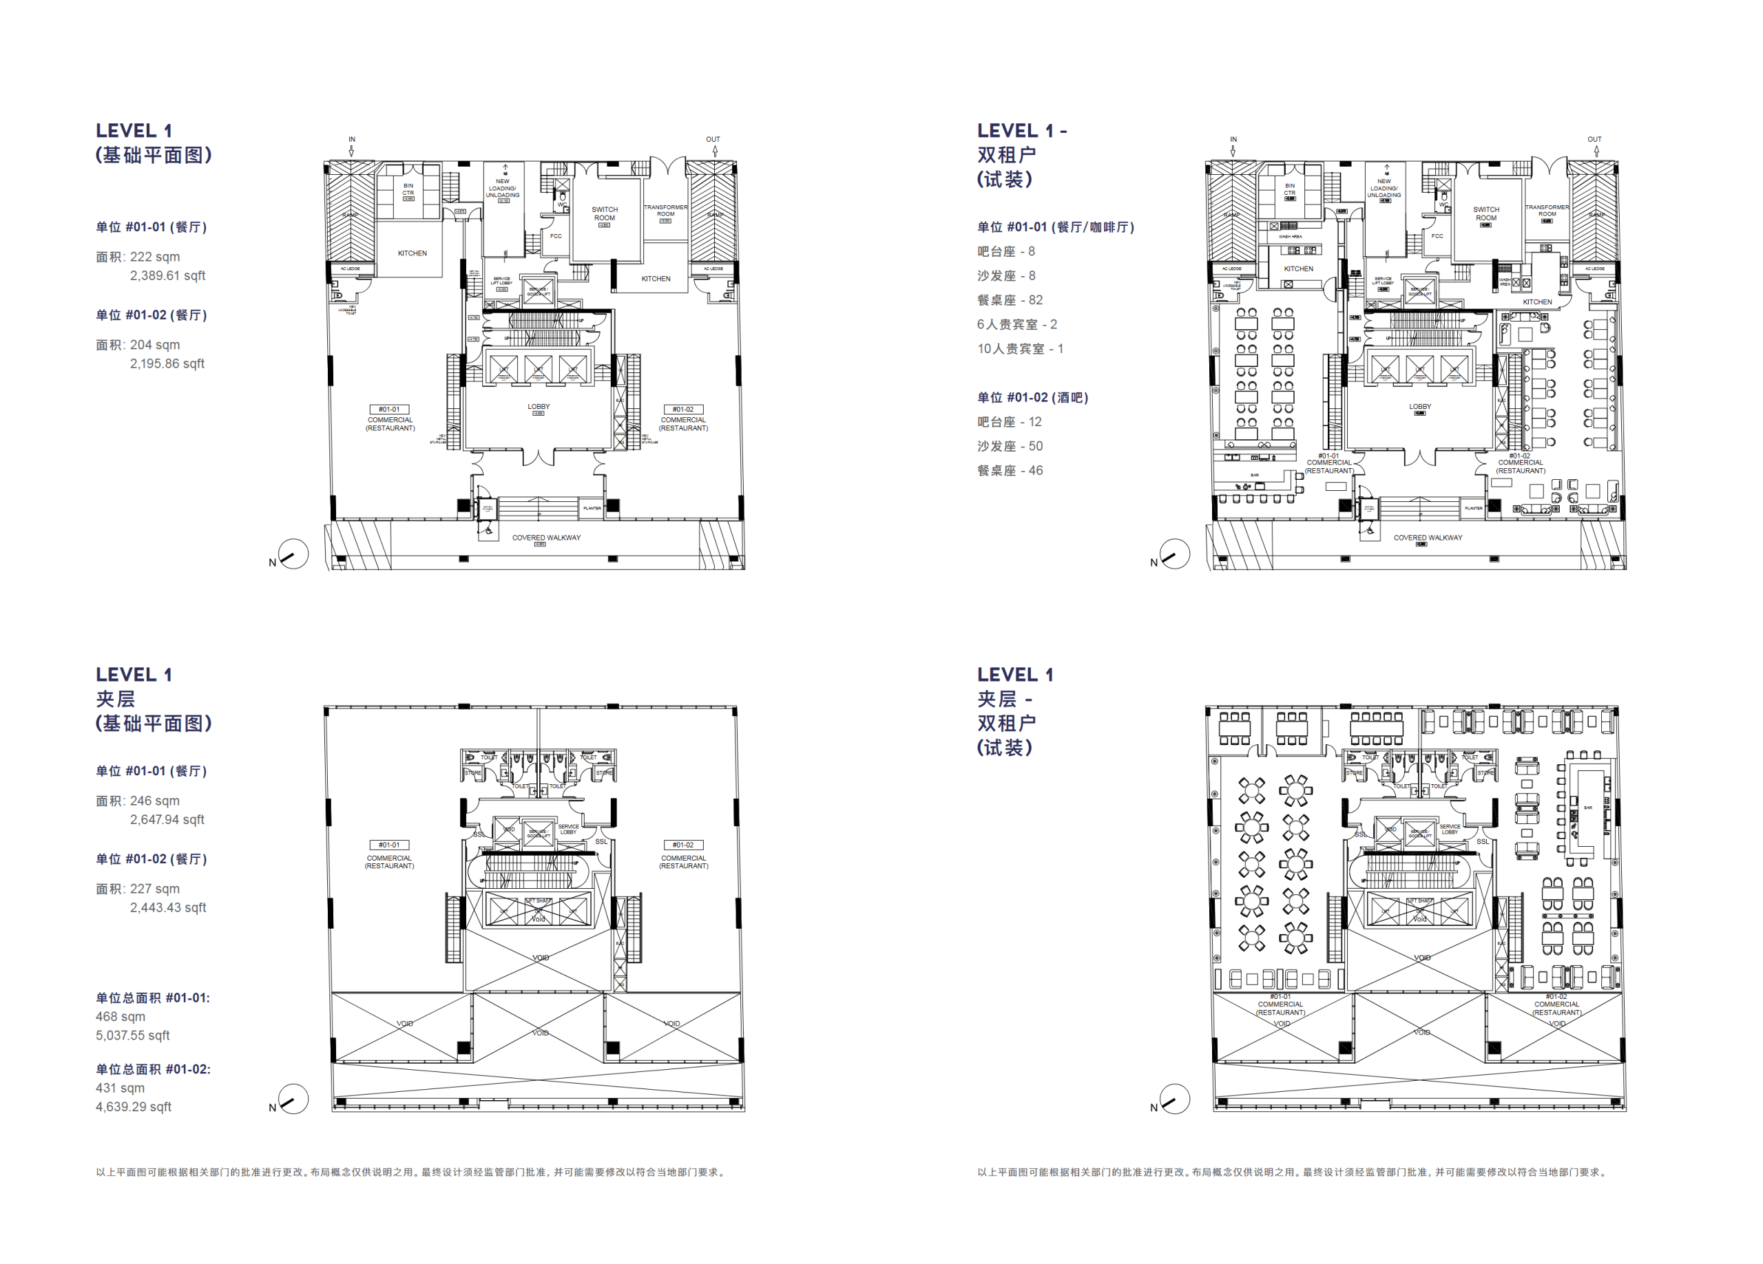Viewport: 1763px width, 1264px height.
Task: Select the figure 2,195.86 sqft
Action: pos(167,364)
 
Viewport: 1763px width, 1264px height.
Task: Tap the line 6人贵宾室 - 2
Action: pos(1016,325)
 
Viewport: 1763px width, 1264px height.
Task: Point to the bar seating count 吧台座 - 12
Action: pos(1009,422)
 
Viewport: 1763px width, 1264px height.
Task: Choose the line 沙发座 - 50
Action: pos(1009,446)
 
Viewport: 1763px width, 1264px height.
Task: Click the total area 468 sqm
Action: pos(121,1016)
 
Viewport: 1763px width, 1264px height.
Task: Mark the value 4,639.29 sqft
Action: pos(133,1106)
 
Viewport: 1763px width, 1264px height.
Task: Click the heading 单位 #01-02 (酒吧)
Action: pos(1032,398)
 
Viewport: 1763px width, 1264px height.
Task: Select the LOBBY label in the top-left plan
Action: pos(539,406)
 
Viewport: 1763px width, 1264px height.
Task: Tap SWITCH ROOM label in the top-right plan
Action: pos(1485,213)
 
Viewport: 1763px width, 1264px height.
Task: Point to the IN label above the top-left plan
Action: pos(351,140)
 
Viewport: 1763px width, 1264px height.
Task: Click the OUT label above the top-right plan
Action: pos(1594,140)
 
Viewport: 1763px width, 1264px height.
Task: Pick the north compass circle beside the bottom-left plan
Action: pos(294,1099)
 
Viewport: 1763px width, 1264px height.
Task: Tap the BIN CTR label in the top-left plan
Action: pos(408,189)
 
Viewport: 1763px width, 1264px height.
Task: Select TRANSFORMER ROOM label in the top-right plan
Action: pos(1547,211)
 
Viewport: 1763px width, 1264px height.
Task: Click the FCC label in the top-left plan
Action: pos(556,236)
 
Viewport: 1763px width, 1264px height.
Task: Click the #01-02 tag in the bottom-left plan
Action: pos(683,845)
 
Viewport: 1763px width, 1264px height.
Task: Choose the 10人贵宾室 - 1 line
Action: pos(1020,349)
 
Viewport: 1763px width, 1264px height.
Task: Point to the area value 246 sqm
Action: pos(154,801)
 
